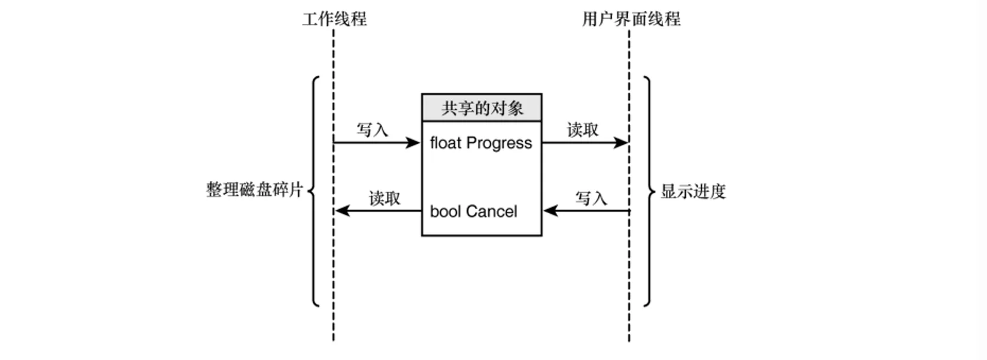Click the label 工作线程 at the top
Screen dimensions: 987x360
[x=334, y=19]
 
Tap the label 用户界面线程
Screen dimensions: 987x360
[x=631, y=19]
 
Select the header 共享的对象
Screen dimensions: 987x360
[x=482, y=108]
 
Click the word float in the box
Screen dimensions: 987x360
[x=446, y=143]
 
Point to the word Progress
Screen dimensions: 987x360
[x=499, y=144]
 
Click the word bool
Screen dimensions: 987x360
[x=444, y=211]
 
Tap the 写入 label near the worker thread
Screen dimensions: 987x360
[x=373, y=129]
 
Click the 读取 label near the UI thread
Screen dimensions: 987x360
[x=583, y=129]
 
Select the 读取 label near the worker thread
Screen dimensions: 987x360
[x=384, y=198]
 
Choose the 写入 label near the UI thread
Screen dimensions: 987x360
[x=591, y=198]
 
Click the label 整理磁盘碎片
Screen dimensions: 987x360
[x=255, y=190]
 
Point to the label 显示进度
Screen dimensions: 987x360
[x=693, y=191]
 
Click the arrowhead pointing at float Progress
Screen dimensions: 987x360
[x=413, y=143]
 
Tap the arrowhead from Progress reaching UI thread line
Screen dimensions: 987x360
[x=620, y=143]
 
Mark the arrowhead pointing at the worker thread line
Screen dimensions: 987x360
[x=343, y=211]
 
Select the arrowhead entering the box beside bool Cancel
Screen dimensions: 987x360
[x=551, y=211]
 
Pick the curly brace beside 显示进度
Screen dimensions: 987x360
[x=649, y=191]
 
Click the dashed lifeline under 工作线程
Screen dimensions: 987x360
[x=334, y=185]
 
